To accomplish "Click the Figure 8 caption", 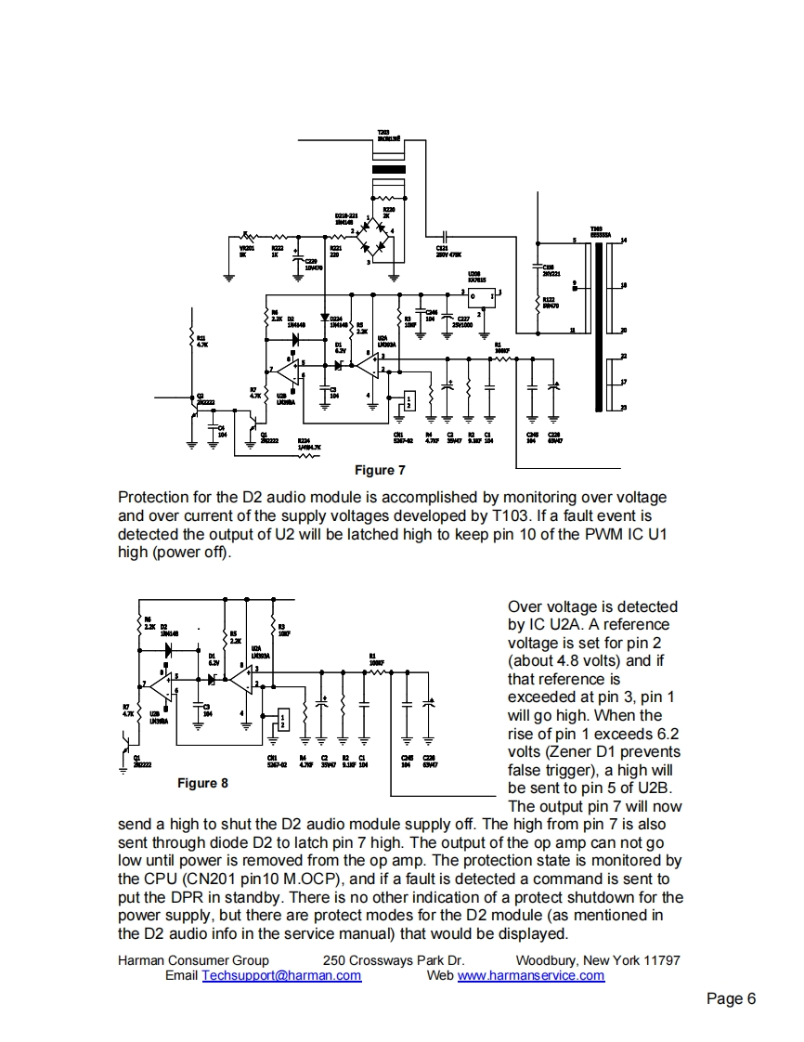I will click(x=202, y=783).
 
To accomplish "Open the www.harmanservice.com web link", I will click(x=531, y=975).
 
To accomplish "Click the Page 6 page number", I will click(x=731, y=998).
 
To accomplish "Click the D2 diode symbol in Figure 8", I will click(x=170, y=650).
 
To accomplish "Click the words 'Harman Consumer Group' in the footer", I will click(x=193, y=959).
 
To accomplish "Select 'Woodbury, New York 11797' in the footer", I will click(x=597, y=959).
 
